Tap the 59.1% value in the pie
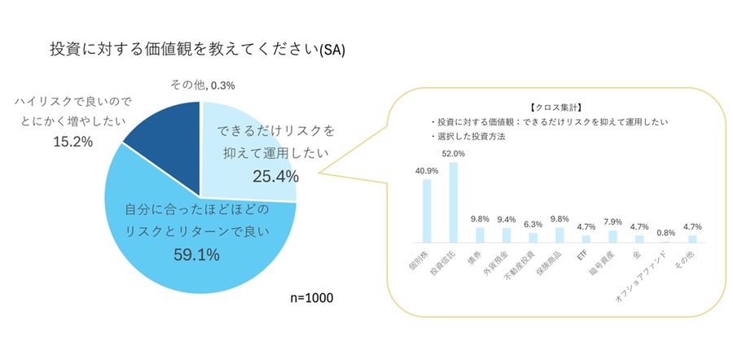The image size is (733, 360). [x=197, y=255]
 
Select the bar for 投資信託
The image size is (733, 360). [x=454, y=202]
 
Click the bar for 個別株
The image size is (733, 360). [x=427, y=210]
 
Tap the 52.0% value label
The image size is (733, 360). [x=454, y=153]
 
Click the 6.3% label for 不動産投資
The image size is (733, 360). [x=533, y=224]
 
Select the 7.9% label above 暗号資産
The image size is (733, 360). [x=612, y=222]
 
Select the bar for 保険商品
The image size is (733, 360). [x=560, y=235]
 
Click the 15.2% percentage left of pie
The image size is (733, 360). [x=72, y=142]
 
